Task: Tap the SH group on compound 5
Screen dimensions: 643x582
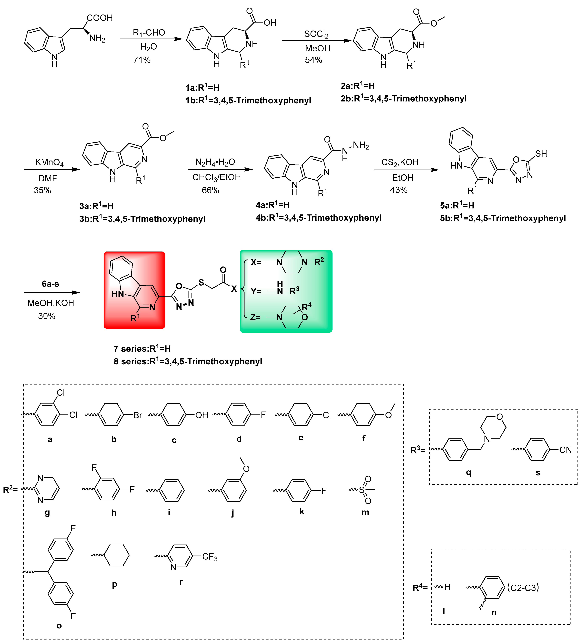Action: click(541, 154)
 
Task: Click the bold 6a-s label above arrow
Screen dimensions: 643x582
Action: click(50, 284)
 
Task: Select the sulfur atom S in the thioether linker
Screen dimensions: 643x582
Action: click(201, 283)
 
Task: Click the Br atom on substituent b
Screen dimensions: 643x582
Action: click(138, 415)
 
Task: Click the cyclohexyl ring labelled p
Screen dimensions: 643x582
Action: click(117, 555)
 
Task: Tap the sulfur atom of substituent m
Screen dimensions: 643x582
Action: click(362, 490)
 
